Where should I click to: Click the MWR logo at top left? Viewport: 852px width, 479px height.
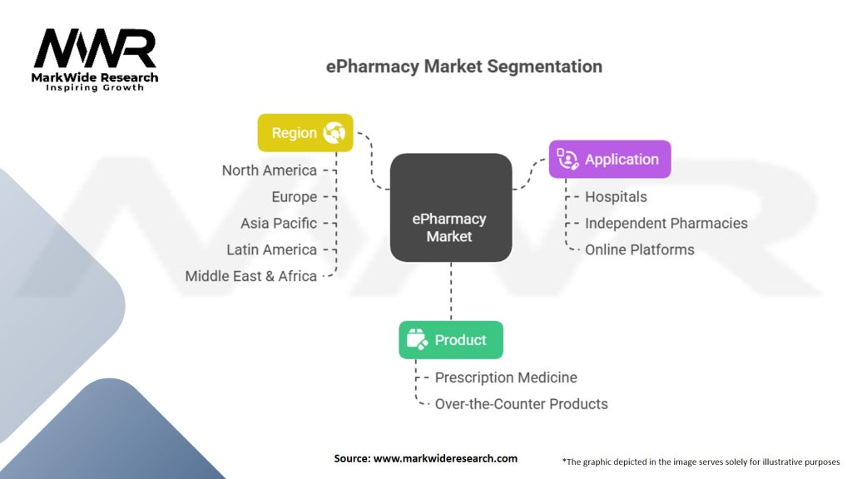point(95,50)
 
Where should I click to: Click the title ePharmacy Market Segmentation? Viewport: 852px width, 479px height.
point(463,67)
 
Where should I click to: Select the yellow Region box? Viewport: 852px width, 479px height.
point(305,132)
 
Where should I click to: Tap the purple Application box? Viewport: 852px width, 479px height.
point(609,159)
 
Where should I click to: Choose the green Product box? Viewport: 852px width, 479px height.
point(450,339)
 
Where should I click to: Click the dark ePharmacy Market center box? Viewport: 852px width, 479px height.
point(450,208)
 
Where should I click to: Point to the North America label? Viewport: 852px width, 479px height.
point(269,170)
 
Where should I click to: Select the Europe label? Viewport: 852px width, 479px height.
point(294,197)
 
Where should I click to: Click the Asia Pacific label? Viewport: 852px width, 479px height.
point(279,224)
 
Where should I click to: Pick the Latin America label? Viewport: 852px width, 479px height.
point(271,249)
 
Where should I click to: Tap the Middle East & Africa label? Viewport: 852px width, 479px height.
point(250,276)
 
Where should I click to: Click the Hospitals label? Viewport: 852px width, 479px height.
point(616,197)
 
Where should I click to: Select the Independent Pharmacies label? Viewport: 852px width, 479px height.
point(666,223)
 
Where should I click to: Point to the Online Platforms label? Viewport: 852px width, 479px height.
point(639,249)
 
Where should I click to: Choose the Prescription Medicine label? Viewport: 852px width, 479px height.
point(506,378)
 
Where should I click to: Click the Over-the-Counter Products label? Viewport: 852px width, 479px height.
point(521,404)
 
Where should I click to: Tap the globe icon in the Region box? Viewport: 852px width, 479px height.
point(334,132)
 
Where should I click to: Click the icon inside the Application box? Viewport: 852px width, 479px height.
point(567,159)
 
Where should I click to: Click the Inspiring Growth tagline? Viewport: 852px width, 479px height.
point(95,87)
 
